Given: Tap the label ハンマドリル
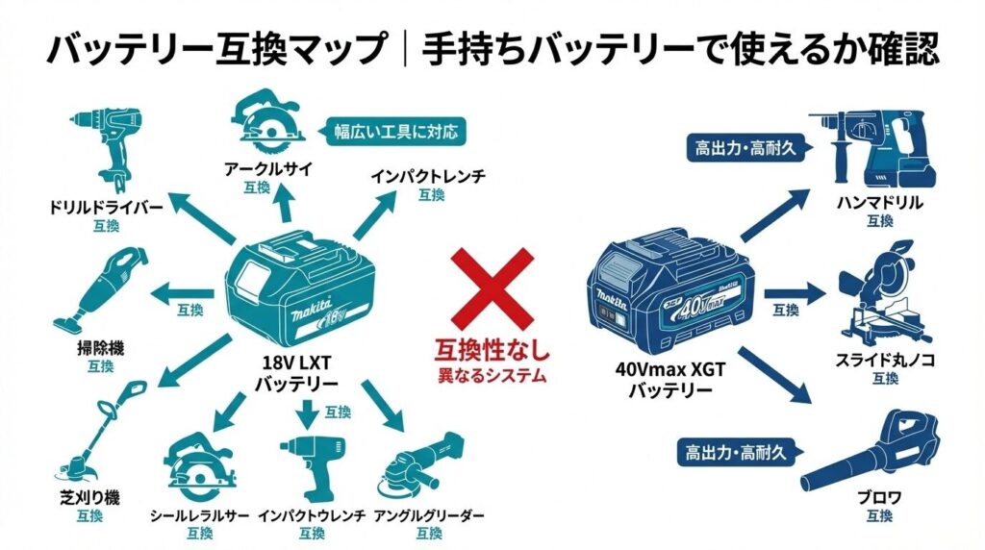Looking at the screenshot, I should [879, 203].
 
